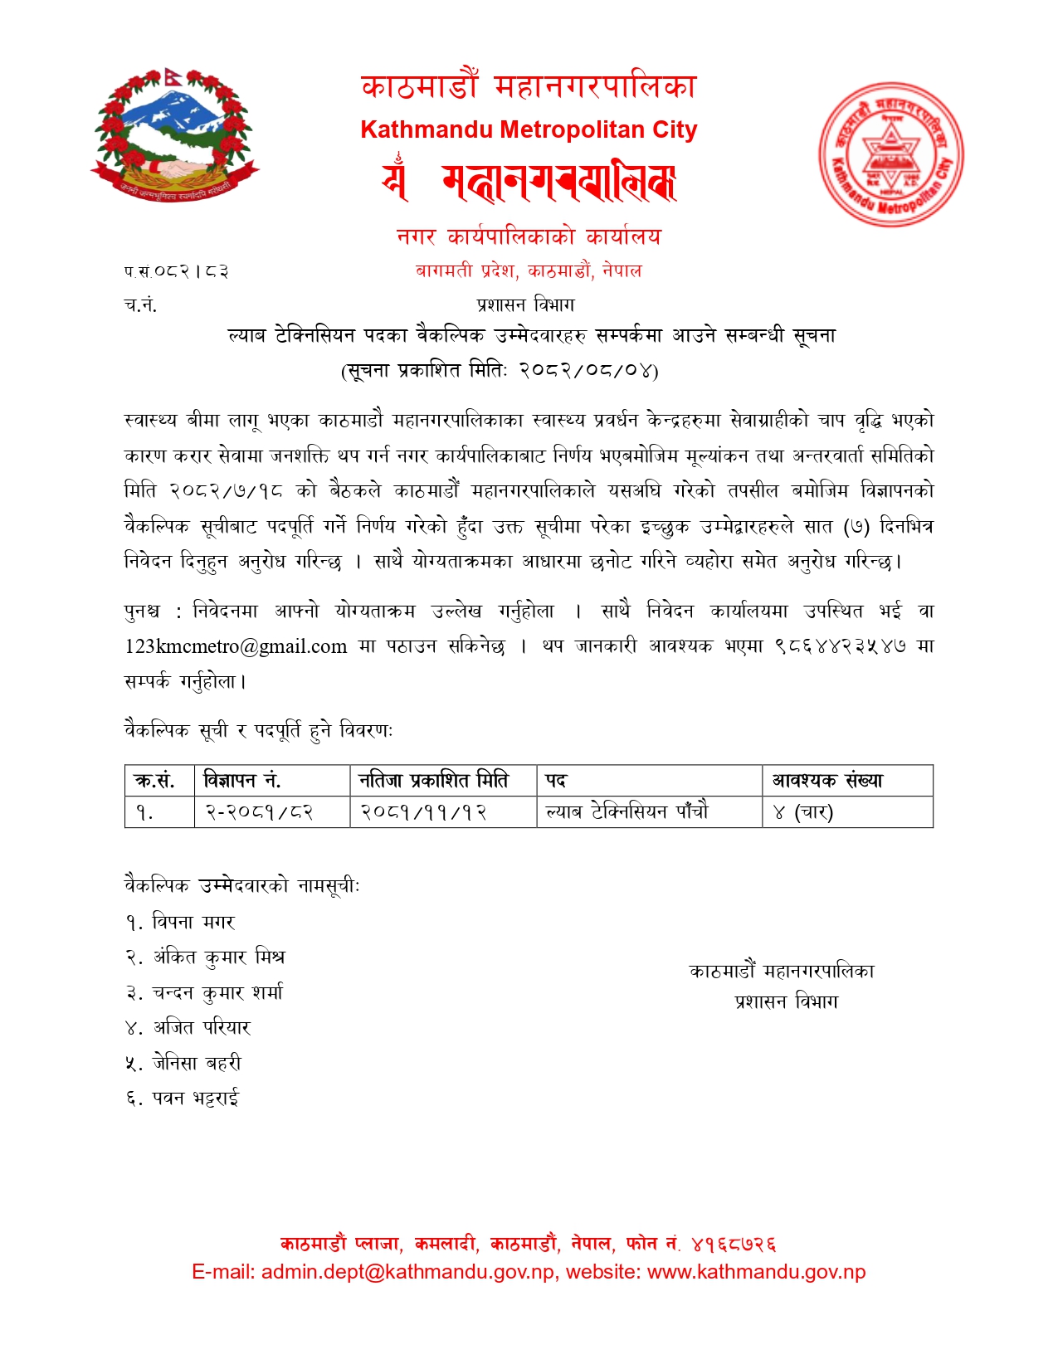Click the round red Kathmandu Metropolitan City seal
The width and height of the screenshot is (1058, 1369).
891,154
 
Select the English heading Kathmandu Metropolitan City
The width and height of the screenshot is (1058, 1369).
529,130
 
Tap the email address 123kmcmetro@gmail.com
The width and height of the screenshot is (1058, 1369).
236,646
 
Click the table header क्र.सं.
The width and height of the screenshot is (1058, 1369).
155,781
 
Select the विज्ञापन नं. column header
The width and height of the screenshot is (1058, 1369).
242,781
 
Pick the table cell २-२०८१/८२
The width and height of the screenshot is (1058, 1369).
259,812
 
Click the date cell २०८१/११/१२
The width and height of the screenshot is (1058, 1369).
423,812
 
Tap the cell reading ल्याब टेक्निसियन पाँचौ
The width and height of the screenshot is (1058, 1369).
627,812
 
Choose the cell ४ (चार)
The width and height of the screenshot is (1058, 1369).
802,812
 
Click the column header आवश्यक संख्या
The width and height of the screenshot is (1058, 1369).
827,781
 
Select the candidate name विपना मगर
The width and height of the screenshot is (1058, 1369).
193,923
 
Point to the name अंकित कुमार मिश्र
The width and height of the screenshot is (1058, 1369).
218,957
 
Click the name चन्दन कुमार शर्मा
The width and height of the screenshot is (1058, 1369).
217,993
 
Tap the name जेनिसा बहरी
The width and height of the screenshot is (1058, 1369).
197,1064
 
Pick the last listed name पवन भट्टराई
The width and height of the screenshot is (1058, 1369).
196,1099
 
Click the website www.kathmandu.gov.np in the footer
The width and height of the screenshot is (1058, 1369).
756,1272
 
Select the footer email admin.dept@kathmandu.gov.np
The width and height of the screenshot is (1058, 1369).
408,1272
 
